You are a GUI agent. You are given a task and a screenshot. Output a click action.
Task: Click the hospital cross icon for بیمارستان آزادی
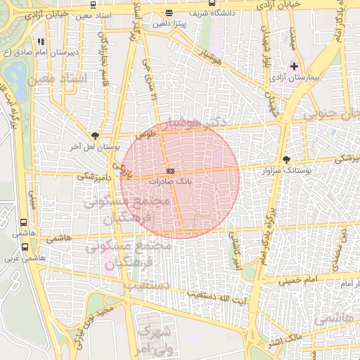pyautogui.click(x=294, y=66)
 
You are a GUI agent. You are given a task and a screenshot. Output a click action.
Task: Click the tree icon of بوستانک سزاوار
pyautogui.click(x=285, y=160)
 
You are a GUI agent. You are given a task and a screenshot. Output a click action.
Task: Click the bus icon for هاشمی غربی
pyautogui.click(x=25, y=247)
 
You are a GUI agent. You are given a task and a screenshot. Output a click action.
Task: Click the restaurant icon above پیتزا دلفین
pyautogui.click(x=169, y=13)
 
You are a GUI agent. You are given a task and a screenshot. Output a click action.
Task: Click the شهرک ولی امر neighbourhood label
pyautogui.click(x=155, y=338)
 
